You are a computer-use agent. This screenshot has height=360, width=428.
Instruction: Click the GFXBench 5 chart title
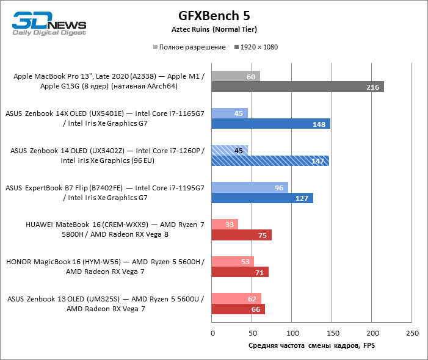coord(214,15)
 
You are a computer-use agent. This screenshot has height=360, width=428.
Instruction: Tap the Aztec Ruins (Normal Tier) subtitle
coord(214,29)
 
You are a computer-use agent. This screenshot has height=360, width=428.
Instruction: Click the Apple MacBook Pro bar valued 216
coord(298,87)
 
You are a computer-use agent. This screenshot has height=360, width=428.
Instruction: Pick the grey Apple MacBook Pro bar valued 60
coord(236,76)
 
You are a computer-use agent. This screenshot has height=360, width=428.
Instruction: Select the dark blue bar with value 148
coord(271,124)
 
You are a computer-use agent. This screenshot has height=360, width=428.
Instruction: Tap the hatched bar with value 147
coord(270,161)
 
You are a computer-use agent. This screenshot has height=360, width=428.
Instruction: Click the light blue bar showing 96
coord(250,187)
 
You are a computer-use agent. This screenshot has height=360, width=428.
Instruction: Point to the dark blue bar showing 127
coord(263,198)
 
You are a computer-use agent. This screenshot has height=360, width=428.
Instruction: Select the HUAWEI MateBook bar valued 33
coord(225,225)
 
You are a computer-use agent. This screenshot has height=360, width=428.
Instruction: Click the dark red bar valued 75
coord(242,235)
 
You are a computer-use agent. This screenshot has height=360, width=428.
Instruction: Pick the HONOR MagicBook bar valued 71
coord(240,272)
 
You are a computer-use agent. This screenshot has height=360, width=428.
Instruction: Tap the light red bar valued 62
coord(236,298)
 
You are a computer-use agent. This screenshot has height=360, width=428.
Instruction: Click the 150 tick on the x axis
coord(332,333)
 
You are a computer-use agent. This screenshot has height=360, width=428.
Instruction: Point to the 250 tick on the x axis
coord(412,333)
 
